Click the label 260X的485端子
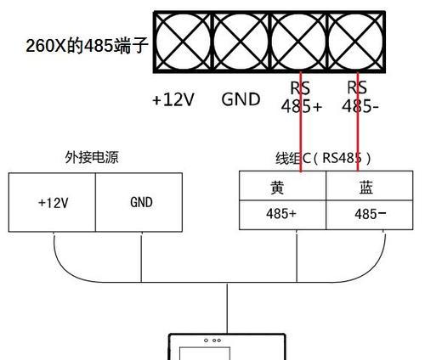pos(87,46)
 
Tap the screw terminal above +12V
pos(183,42)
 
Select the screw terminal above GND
pos(241,42)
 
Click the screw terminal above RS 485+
pos(298,42)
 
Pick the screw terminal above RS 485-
pos(356,42)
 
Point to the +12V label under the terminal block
pos(173,99)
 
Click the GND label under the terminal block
pos(241,99)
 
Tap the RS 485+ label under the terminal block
pos(302,97)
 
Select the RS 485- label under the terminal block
pos(360,97)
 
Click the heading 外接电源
pos(92,157)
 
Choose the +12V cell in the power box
pos(52,202)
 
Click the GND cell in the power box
pos(139,202)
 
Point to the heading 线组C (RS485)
pos(323,158)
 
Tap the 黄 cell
pos(283,186)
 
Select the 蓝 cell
pos(370,186)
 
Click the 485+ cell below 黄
pos(283,215)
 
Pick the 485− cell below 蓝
pos(370,215)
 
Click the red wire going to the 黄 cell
pos(301,121)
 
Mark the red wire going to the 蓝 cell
pos(358,121)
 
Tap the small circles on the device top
pos(212,340)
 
